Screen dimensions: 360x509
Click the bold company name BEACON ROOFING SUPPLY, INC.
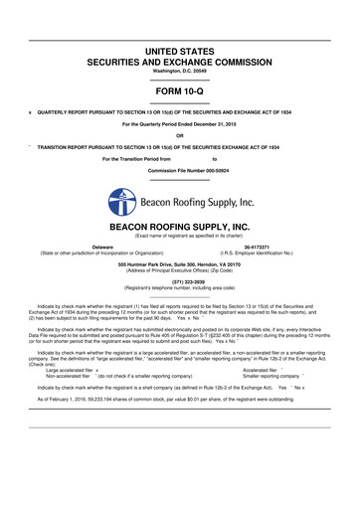[x=180, y=228]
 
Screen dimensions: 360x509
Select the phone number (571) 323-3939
[x=180, y=281]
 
